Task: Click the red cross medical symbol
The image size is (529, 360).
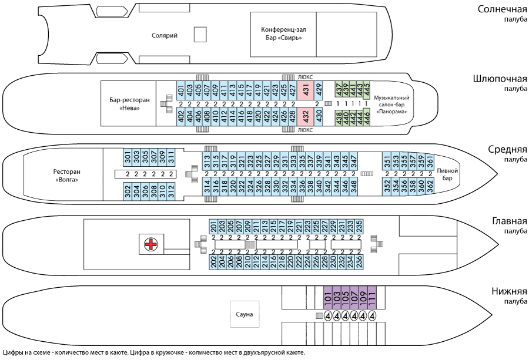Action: point(152,244)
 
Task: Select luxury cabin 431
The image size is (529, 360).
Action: point(306,90)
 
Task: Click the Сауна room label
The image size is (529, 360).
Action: point(244,315)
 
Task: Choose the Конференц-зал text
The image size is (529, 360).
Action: point(284,30)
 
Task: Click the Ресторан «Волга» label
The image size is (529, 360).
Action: point(65,176)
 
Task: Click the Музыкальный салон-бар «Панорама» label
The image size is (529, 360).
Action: point(391,104)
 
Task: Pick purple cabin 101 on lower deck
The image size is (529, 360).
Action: point(328,297)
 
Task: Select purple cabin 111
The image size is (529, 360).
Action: point(372,297)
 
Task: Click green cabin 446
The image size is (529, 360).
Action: point(367,117)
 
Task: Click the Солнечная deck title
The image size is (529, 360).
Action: point(501,9)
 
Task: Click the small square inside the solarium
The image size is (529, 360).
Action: point(201,35)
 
